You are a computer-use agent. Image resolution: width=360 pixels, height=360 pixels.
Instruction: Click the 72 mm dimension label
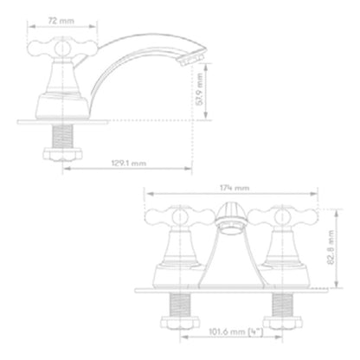coord(61,21)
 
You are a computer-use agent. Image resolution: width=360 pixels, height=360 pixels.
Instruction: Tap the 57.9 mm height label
coord(199,89)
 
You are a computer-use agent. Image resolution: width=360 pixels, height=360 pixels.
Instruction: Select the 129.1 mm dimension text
coord(129,164)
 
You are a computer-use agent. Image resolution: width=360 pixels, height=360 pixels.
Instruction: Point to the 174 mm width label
coord(235,188)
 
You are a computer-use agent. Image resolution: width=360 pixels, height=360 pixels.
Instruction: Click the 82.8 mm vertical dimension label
coord(331,247)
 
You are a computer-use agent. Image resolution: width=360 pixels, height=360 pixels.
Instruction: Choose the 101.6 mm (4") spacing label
coord(236,331)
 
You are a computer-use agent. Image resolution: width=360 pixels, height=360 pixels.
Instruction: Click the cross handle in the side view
coord(62,48)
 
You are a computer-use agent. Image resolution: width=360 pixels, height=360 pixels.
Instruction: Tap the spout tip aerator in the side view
coord(191,60)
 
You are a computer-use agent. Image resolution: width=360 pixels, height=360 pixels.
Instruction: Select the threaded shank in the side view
coord(62,136)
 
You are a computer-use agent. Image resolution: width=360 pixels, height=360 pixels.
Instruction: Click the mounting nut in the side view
coord(62,154)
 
